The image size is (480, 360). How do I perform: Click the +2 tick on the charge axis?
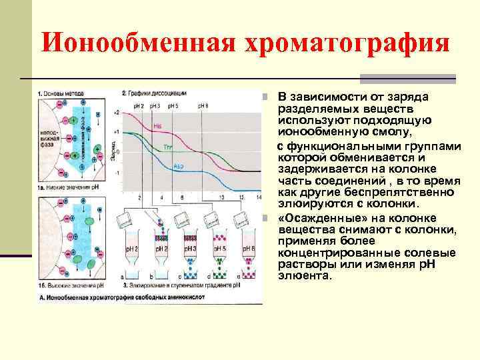[117, 113]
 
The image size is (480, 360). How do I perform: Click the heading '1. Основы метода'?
[60, 93]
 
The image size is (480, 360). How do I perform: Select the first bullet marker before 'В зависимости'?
[265, 97]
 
